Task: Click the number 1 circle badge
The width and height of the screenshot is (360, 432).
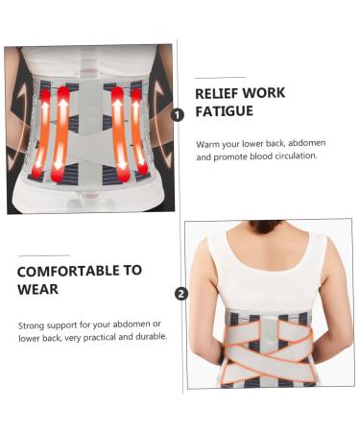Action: pyautogui.click(x=178, y=114)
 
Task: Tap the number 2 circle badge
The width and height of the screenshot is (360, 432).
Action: pyautogui.click(x=182, y=294)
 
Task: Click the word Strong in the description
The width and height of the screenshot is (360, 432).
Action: pyautogui.click(x=34, y=324)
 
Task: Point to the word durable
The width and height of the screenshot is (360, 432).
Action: pyautogui.click(x=151, y=337)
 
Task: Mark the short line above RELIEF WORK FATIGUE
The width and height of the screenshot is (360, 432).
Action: pyautogui.click(x=219, y=77)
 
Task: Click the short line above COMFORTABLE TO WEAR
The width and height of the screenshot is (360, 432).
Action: pyautogui.click(x=42, y=254)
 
